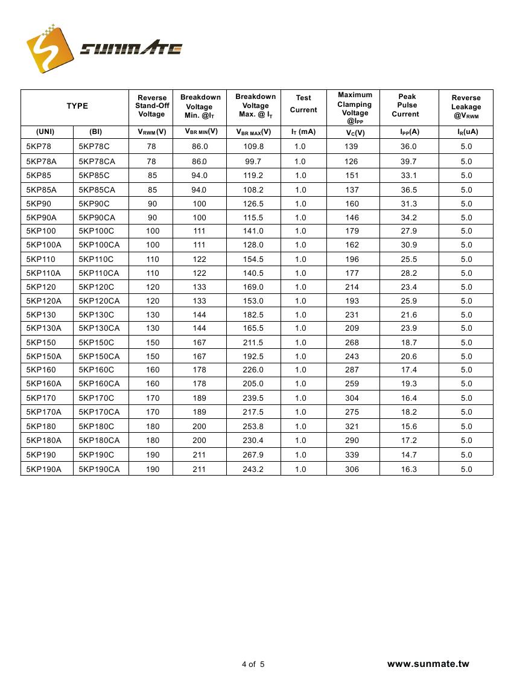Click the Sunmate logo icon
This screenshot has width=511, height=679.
pos(48,49)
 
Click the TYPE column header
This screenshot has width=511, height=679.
pos(77,106)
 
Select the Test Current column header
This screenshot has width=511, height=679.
pos(303,104)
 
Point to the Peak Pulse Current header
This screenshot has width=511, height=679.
pos(407,106)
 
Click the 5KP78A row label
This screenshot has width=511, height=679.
pos(39,161)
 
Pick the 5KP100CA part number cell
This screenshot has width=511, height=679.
pos(99,245)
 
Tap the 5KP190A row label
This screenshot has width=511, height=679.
pos(44,469)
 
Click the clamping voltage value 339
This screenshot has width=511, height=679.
pos(352,454)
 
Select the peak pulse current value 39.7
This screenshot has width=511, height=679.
pos(408,161)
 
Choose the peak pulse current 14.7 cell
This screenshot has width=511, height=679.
pos(408,454)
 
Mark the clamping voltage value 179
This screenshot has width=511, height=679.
pos(352,231)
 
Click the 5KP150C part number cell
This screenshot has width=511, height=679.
pos(96,342)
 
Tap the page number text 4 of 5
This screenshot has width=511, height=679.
pos(253,665)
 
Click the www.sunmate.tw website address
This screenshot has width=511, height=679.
pos(428,664)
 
